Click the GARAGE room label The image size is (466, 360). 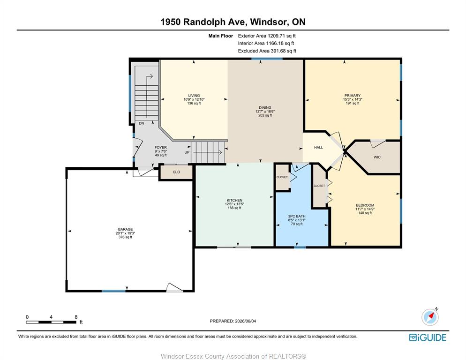[x=125, y=229]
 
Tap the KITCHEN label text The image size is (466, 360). [x=234, y=200]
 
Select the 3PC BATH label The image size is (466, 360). [x=297, y=216]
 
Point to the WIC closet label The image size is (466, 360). [x=377, y=157]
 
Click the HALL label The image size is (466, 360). [x=318, y=147]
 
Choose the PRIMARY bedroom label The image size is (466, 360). [x=353, y=96]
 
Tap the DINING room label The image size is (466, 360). [x=265, y=108]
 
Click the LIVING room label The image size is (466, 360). [x=194, y=96]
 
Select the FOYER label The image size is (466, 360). [x=160, y=147]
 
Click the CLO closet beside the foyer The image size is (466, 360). [x=176, y=172]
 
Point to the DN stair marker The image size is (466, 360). [x=142, y=123]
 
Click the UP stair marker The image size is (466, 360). [x=187, y=152]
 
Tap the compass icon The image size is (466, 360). [x=430, y=316]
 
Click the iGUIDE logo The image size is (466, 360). [x=428, y=337]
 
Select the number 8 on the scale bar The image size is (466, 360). [x=76, y=317]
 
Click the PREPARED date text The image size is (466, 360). [x=233, y=321]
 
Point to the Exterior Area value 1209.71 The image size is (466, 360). [x=276, y=36]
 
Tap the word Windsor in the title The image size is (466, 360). [x=269, y=22]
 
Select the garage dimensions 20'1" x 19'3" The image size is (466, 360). [x=125, y=233]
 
